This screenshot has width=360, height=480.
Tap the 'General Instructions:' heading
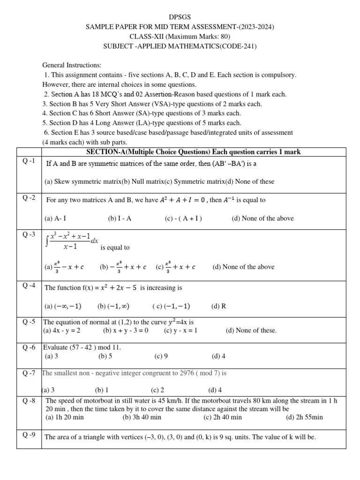(72, 65)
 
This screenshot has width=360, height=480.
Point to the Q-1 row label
(29, 162)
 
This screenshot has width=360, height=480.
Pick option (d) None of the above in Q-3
(243, 267)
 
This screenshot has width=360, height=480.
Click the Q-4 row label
(29, 285)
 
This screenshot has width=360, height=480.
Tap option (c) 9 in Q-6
(161, 356)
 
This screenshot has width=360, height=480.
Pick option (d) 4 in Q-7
(215, 390)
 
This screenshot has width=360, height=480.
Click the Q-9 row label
(29, 435)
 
